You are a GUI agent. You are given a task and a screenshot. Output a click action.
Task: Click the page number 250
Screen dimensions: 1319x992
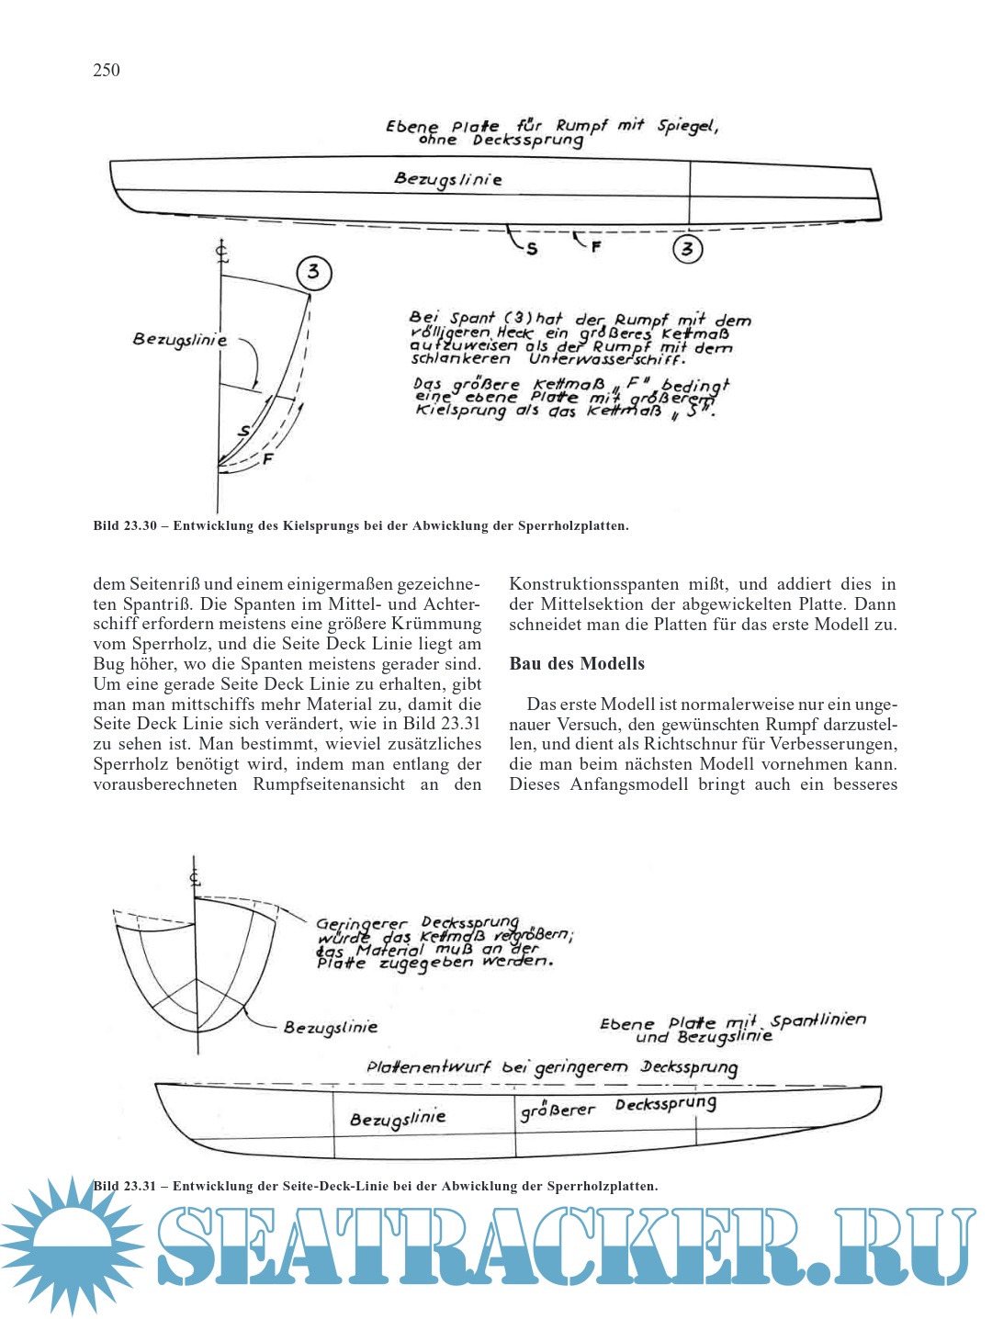(107, 71)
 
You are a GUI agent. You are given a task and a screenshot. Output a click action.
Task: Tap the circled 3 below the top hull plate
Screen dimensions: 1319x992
(687, 248)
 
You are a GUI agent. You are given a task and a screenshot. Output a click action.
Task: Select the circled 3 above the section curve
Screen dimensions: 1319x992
(314, 272)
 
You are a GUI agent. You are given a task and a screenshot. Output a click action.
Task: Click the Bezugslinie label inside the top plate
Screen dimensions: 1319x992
(448, 179)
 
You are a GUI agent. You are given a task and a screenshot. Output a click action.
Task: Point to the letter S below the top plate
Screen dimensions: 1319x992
(532, 249)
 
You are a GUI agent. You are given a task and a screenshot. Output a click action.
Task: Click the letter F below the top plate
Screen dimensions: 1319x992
(596, 246)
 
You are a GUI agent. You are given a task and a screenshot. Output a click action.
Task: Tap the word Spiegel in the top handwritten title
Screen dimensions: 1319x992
(686, 126)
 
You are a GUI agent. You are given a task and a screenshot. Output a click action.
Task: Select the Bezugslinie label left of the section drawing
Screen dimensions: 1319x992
(179, 339)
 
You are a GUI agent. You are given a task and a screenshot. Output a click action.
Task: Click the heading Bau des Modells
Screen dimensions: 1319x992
(577, 663)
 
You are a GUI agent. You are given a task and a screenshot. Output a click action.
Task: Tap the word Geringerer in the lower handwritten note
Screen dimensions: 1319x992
(362, 924)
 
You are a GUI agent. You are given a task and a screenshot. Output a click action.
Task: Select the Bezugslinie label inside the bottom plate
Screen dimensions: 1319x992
(398, 1119)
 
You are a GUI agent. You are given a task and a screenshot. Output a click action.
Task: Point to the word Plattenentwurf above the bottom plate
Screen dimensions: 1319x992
(428, 1067)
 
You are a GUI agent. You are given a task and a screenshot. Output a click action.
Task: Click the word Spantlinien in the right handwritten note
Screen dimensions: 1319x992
(817, 1020)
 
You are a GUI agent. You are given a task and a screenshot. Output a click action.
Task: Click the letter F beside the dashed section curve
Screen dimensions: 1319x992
(268, 458)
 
